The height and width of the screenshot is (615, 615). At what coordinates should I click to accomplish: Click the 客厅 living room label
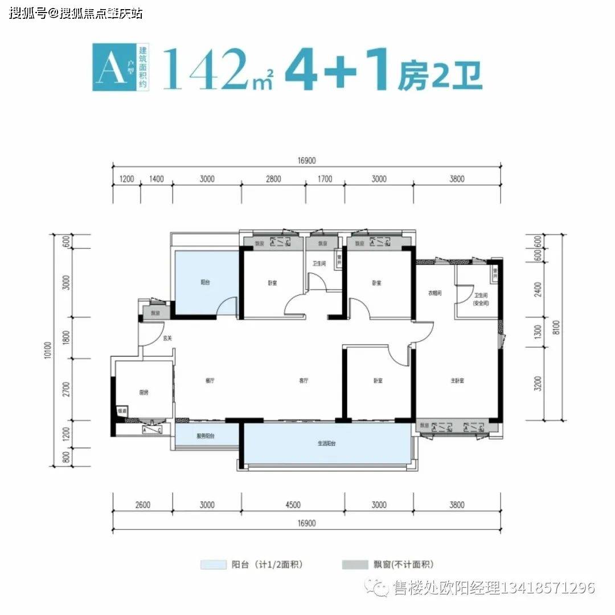[x=305, y=380]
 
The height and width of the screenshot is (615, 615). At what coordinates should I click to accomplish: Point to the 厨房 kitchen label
[x=143, y=392]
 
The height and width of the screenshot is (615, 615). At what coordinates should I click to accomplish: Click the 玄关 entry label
[x=167, y=338]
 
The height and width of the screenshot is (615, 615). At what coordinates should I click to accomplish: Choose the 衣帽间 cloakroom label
[x=436, y=294]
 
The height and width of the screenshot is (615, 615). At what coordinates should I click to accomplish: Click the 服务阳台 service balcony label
[x=206, y=436]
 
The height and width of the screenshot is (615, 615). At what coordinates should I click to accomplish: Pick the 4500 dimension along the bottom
[x=293, y=505]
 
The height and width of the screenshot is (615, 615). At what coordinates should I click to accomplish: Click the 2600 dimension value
[x=143, y=505]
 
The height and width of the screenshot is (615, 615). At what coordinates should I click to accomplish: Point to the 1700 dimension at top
[x=325, y=179]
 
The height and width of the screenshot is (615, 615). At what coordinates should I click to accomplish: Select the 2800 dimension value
[x=273, y=179]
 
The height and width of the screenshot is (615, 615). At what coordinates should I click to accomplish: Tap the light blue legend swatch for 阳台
[x=213, y=565]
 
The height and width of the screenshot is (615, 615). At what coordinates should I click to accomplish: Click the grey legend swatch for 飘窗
[x=355, y=565]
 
